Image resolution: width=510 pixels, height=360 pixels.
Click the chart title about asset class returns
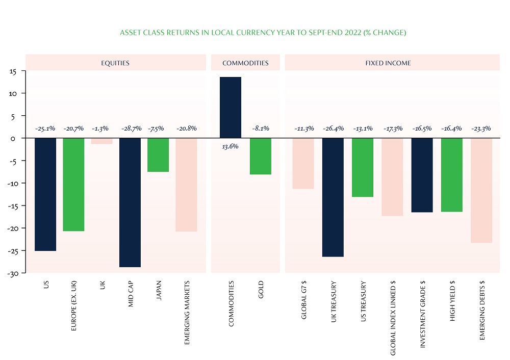pos(263,33)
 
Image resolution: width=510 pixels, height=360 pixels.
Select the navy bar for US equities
pos(45,194)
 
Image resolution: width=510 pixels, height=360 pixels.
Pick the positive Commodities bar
pos(231,108)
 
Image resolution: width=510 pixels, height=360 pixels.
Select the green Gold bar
pos(261,156)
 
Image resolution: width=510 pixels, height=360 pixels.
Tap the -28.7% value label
pos(130,128)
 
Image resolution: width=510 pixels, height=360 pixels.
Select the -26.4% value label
pos(333,128)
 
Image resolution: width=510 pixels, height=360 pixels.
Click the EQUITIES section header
pos(115,63)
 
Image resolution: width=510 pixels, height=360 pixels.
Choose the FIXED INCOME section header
pos(392,63)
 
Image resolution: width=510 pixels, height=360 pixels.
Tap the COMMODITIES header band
pos(245,63)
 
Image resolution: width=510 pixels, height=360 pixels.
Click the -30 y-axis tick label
pos(12,273)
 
